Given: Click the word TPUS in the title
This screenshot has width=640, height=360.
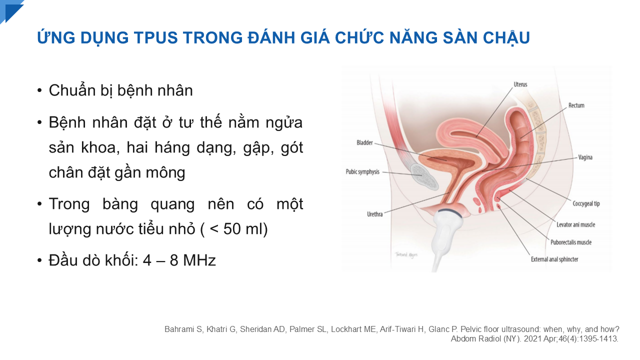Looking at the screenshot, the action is click(x=155, y=37).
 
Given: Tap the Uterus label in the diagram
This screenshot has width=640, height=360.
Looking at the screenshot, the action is click(x=520, y=84).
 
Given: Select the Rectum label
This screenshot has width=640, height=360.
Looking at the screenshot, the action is click(x=576, y=105).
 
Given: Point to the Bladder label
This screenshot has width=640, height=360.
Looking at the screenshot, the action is click(x=364, y=142).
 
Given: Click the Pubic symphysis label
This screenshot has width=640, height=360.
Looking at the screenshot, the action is click(x=362, y=171).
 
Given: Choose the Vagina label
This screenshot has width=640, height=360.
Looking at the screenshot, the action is click(x=585, y=157).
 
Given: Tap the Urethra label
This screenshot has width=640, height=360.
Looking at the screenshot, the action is click(x=374, y=214).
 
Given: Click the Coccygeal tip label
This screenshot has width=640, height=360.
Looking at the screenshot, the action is click(x=586, y=203).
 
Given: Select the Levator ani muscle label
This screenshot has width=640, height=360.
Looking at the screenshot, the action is click(x=575, y=224).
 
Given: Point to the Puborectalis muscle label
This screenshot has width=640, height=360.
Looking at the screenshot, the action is click(x=571, y=242).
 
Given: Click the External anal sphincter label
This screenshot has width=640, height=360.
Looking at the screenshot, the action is click(x=554, y=259).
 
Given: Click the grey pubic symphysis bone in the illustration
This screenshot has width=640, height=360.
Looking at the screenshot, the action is click(x=424, y=177).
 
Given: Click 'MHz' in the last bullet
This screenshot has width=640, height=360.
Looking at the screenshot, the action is click(x=199, y=260).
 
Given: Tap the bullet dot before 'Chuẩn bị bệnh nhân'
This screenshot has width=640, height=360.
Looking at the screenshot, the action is click(x=39, y=91).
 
